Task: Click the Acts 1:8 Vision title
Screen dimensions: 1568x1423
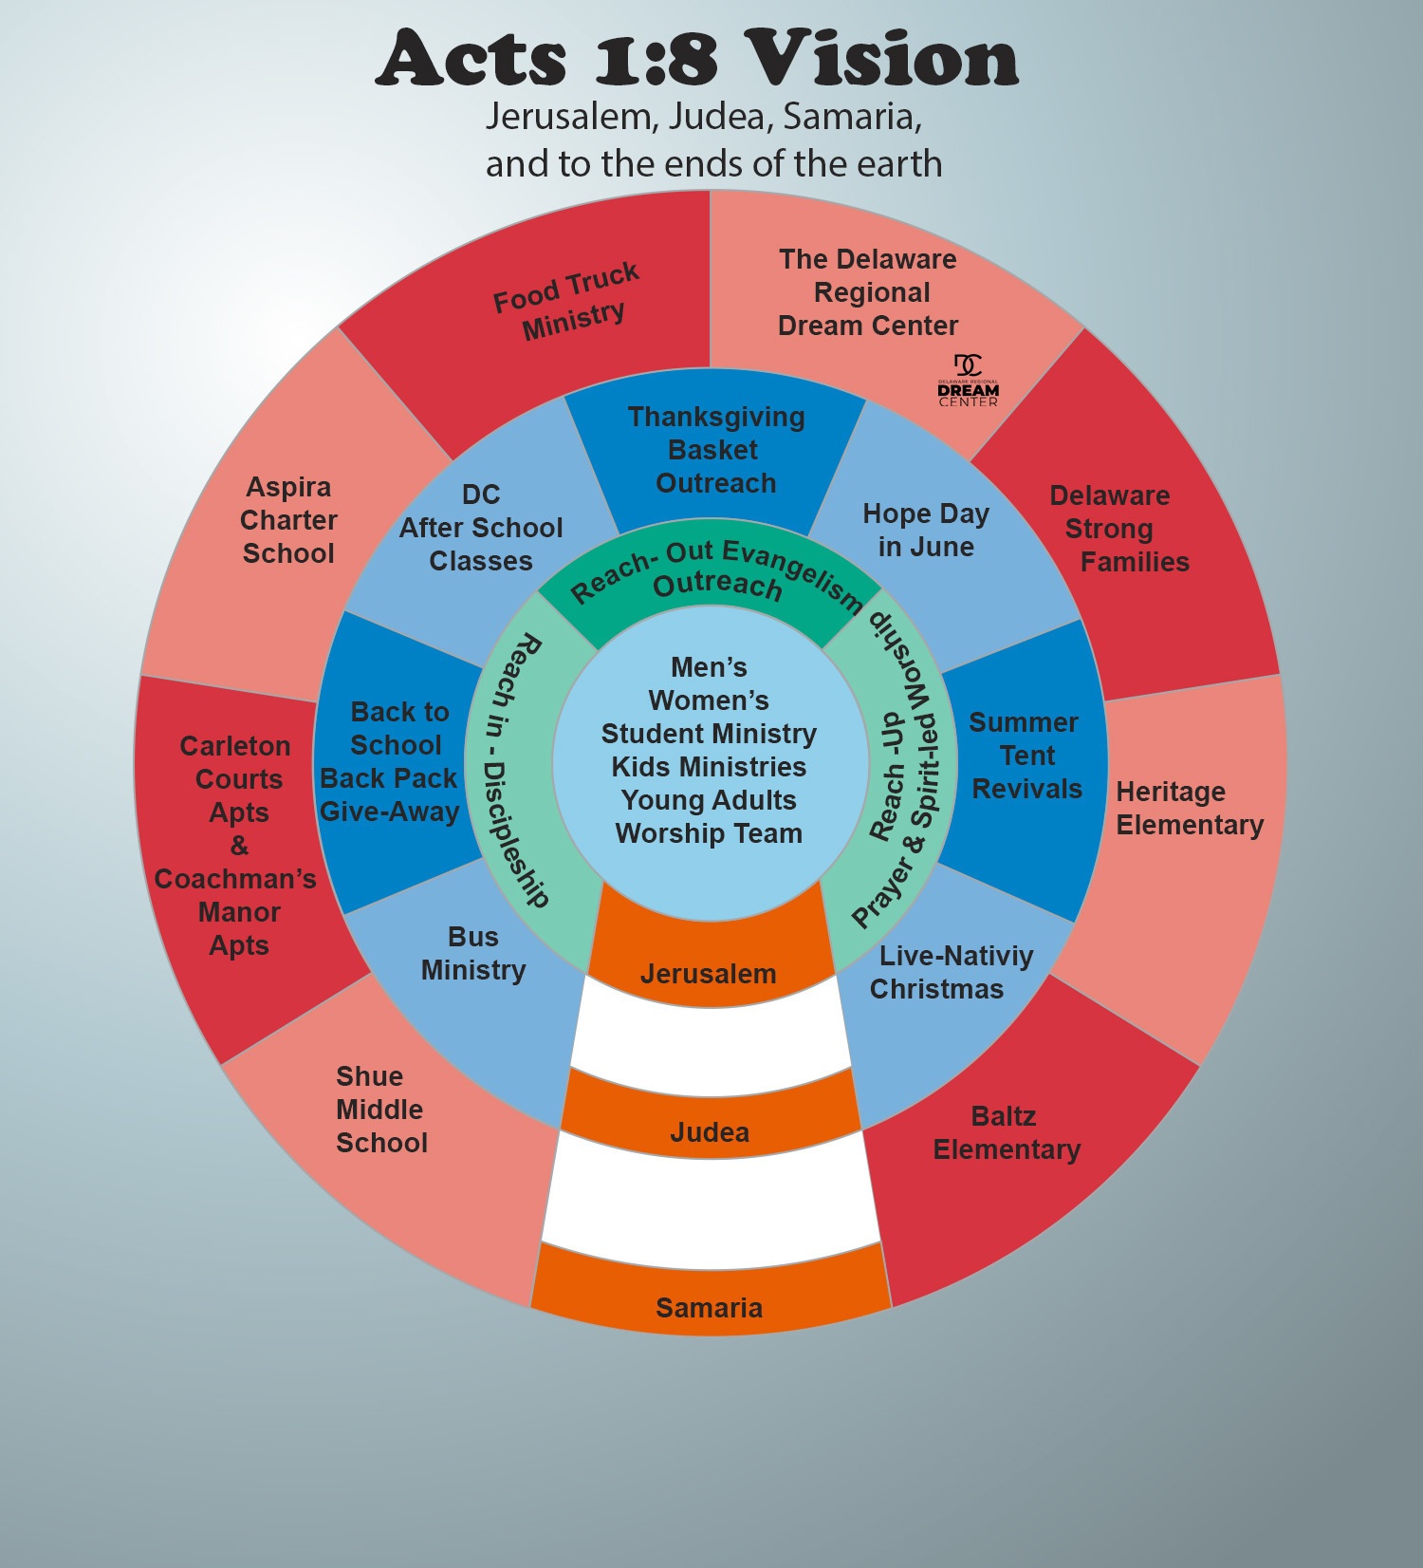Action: [697, 59]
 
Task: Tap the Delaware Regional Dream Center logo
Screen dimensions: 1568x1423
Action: [968, 381]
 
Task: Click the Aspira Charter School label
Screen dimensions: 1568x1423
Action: [288, 520]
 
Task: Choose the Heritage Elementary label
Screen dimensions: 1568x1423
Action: [1189, 809]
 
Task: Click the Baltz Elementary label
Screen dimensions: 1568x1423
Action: [1006, 1133]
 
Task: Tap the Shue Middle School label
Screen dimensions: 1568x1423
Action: [380, 1110]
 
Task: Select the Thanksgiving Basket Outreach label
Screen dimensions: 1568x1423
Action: [716, 450]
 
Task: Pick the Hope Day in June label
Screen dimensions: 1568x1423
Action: [926, 531]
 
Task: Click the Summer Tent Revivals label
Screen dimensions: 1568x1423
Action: [1026, 756]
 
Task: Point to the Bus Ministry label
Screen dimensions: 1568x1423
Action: [473, 954]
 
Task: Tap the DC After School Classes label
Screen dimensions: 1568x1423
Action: [481, 528]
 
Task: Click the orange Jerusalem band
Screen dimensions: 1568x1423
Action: [709, 974]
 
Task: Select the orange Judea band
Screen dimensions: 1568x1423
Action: [710, 1132]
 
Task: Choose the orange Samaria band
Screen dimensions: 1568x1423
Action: [710, 1308]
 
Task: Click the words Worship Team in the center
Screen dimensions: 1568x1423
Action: [709, 833]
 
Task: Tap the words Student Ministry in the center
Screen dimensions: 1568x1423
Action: [709, 734]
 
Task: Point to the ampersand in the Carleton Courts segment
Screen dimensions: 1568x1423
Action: [239, 846]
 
